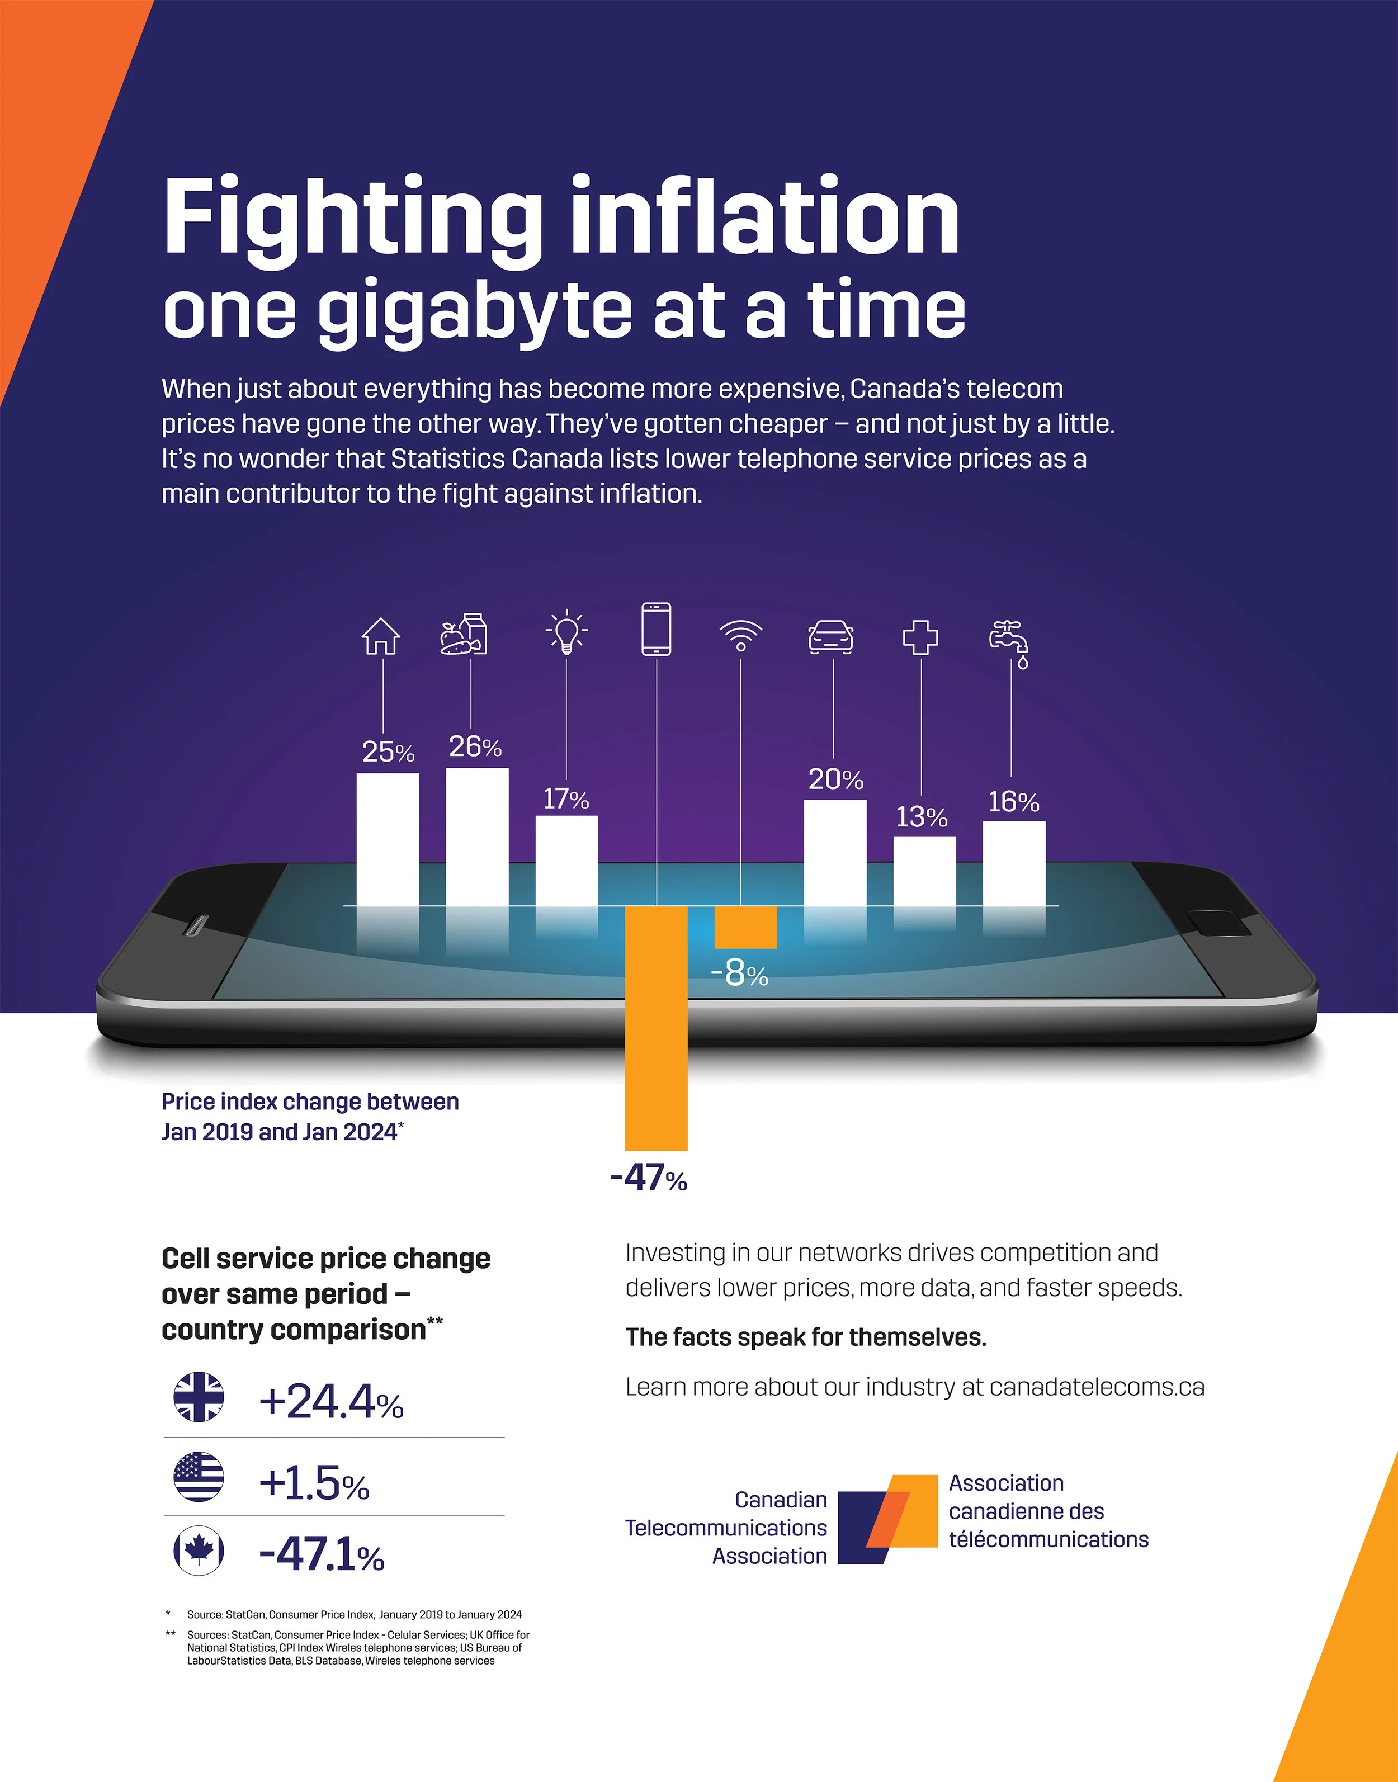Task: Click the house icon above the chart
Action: point(381,636)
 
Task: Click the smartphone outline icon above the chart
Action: point(657,628)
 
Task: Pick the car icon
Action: point(831,637)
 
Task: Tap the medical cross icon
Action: point(921,637)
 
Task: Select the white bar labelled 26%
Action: point(477,836)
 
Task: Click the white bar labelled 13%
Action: point(925,871)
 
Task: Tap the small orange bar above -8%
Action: point(745,927)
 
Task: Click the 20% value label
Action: point(835,778)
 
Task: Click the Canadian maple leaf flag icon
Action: point(199,1551)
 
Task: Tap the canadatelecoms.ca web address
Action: point(1097,1387)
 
